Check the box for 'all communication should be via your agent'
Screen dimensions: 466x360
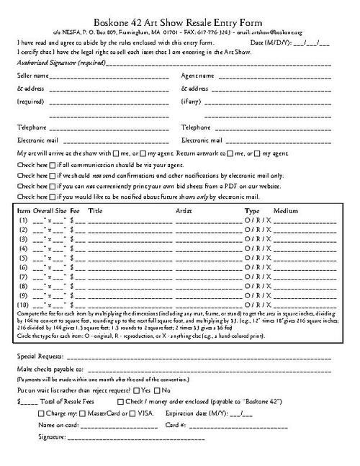pos(53,165)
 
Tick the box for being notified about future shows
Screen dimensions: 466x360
pos(53,196)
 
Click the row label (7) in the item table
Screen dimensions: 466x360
pos(24,276)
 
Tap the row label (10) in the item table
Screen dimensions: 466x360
pos(24,305)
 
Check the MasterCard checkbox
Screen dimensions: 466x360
pos(81,413)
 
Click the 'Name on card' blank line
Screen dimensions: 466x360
pos(119,426)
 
